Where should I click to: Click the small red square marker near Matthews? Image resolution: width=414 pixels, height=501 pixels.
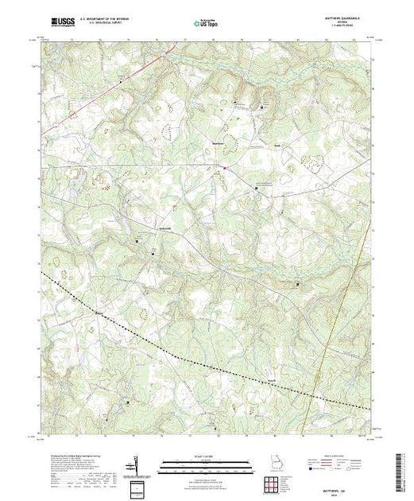pos(224,169)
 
